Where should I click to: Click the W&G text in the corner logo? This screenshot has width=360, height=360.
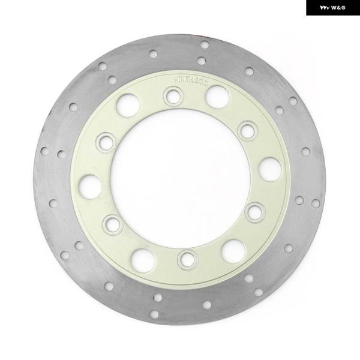tap(338, 8)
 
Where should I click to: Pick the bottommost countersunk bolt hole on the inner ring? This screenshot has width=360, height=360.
tap(187, 259)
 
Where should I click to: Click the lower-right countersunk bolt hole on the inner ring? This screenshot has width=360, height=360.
tap(255, 211)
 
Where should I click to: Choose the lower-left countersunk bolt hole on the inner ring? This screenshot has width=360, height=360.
tap(112, 224)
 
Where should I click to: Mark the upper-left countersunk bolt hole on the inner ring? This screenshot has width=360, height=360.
tap(106, 142)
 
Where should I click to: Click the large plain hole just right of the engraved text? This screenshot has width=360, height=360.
tap(217, 97)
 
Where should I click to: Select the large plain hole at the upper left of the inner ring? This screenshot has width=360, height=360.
tap(128, 106)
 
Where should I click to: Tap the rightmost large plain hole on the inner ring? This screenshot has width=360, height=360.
tap(270, 169)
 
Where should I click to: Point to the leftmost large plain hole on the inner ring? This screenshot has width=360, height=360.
tap(90, 186)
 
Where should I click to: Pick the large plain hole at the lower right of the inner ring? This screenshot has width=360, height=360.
tap(233, 251)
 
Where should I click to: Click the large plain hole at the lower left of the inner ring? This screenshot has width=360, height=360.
tap(143, 260)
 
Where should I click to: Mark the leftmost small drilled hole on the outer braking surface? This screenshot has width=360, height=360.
tap(44, 151)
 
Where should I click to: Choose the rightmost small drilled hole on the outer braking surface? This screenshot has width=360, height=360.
tap(316, 203)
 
